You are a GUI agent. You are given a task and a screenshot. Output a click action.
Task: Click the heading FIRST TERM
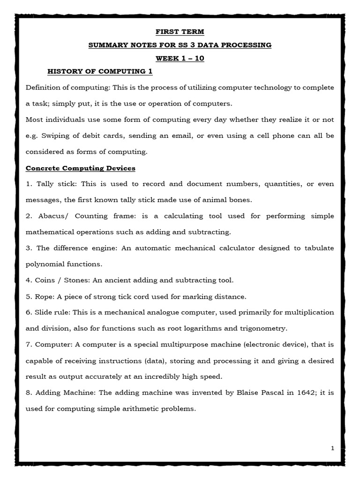tap(180, 32)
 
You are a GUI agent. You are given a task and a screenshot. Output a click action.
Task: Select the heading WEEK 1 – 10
tap(180, 59)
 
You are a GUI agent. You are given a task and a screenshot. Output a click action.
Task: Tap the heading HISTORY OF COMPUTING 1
tap(100, 72)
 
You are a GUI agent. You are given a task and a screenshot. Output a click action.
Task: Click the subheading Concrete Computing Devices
tap(80, 168)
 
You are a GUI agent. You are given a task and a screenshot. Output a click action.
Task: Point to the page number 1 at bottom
tap(332, 449)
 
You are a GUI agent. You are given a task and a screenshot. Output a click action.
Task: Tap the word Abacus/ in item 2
tap(48, 216)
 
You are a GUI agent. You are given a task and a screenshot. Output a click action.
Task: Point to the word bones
tap(241, 200)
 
